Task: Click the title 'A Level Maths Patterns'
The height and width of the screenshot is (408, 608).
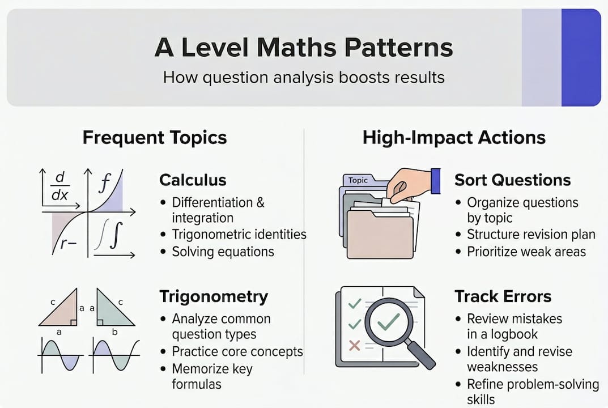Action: coord(304,48)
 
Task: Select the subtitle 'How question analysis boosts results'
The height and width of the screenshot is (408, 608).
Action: coord(304,76)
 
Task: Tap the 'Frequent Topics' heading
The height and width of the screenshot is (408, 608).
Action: coord(155,137)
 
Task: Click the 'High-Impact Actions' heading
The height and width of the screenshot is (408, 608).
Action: coord(454,137)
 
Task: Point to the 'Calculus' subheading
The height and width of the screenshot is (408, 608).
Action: coord(193,180)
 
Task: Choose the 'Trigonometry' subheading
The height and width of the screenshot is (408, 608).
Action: coord(214,296)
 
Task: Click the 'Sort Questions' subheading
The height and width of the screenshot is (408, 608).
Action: coord(512,180)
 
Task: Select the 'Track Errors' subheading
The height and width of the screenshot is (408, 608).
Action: coord(503,296)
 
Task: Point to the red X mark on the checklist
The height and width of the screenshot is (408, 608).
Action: coord(355,345)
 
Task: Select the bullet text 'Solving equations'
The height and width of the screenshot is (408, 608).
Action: coord(223,252)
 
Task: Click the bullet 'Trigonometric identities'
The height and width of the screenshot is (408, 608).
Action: coord(239,234)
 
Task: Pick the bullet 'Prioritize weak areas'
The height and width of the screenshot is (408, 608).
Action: coord(526,252)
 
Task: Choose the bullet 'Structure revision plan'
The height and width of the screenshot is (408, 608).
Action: coord(531,234)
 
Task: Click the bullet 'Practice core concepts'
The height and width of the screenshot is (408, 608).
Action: coord(237,351)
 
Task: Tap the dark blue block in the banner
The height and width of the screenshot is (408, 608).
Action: coord(580,58)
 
